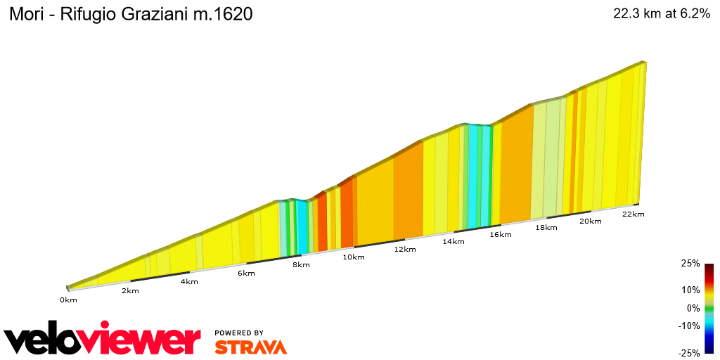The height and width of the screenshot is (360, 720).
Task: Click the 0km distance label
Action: point(68,300)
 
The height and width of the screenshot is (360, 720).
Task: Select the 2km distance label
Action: point(130,290)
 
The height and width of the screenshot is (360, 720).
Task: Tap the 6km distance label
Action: point(246,273)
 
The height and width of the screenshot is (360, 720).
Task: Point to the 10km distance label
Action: point(354,257)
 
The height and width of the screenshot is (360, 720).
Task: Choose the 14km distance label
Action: point(454,241)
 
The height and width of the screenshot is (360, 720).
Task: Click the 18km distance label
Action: point(546,228)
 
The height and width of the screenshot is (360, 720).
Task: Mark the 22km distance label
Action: point(634,214)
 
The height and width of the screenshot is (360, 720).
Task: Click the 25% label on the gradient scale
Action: point(690,263)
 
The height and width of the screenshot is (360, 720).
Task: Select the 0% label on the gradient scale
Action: point(693,307)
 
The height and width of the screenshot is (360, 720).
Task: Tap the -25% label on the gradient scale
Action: point(689,353)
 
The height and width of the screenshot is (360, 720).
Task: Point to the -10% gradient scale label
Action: point(689,325)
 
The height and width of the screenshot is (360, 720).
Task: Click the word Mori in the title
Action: point(25,15)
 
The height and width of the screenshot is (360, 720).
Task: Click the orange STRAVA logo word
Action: point(250,347)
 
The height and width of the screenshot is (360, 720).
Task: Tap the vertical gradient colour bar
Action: point(709,308)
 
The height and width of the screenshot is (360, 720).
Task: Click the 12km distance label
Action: point(405,249)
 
